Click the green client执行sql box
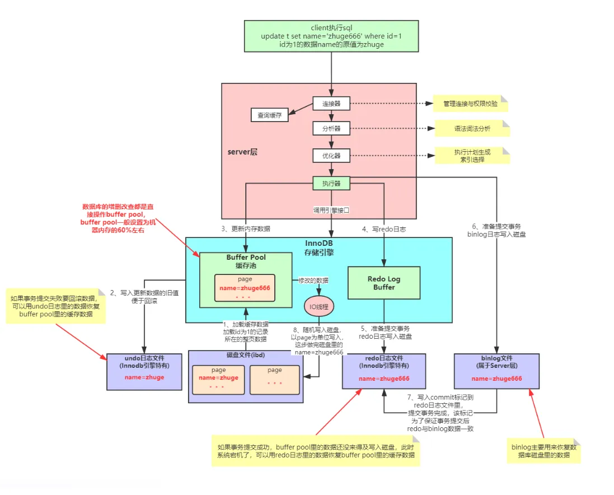[331, 36]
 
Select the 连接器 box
[331, 104]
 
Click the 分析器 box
[331, 128]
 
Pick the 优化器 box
[331, 155]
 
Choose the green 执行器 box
[331, 183]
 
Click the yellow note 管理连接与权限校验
[470, 104]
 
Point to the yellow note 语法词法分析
[472, 129]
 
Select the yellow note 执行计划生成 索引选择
[472, 155]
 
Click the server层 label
[242, 152]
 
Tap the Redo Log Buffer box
[384, 283]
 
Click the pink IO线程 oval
[319, 307]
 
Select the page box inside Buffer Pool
[245, 288]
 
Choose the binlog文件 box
[496, 371]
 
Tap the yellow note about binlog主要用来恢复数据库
[543, 451]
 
